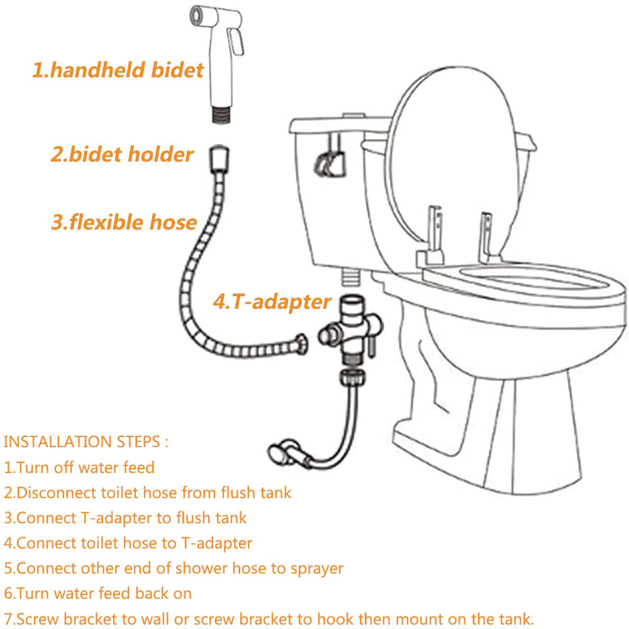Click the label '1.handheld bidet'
click(x=118, y=69)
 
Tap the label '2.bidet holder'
click(x=122, y=154)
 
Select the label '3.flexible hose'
click(x=124, y=222)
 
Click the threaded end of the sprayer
click(x=217, y=115)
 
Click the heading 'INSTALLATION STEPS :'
click(x=86, y=441)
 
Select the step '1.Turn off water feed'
click(x=79, y=467)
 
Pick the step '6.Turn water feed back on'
click(x=98, y=593)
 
